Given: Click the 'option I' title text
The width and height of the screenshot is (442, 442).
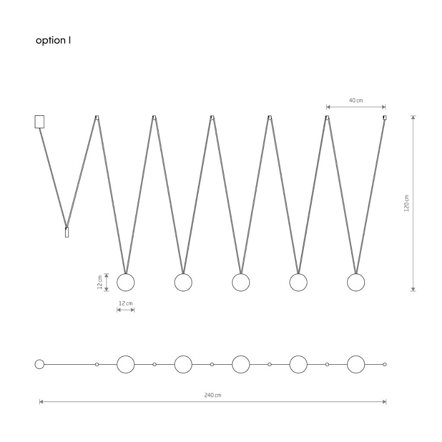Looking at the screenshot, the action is [53, 41].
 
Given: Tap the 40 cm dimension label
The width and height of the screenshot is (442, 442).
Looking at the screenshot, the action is [356, 100].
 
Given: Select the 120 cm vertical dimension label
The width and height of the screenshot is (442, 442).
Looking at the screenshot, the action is [407, 203].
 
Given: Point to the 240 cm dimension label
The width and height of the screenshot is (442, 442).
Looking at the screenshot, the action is [213, 395].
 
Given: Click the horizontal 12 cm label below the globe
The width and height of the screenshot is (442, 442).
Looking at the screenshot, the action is [126, 303].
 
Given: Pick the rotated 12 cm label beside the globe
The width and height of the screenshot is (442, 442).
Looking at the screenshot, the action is [100, 282].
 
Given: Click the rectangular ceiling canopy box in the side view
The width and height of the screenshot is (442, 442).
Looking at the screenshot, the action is [39, 121].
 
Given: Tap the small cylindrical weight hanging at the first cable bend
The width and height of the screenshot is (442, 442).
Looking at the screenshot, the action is [67, 232].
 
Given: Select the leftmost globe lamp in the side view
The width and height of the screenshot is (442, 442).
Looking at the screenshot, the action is [126, 282].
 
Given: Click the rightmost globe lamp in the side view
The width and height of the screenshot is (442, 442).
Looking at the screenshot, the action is [356, 282].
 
